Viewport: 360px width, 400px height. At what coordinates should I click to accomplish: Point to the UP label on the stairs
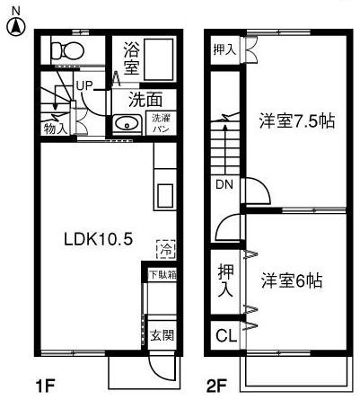(x=85, y=85)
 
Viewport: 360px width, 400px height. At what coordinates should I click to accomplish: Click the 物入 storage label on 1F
(x=55, y=129)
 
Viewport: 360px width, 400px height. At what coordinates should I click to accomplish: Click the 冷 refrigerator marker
(x=165, y=246)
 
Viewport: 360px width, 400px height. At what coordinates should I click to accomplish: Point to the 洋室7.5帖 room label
(x=297, y=120)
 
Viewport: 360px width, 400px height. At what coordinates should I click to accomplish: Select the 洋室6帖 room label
(x=292, y=280)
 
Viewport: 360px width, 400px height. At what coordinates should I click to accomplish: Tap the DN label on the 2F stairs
(x=224, y=185)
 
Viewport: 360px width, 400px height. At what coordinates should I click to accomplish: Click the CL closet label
(x=225, y=337)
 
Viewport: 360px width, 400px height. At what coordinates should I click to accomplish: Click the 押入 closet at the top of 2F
(x=224, y=49)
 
